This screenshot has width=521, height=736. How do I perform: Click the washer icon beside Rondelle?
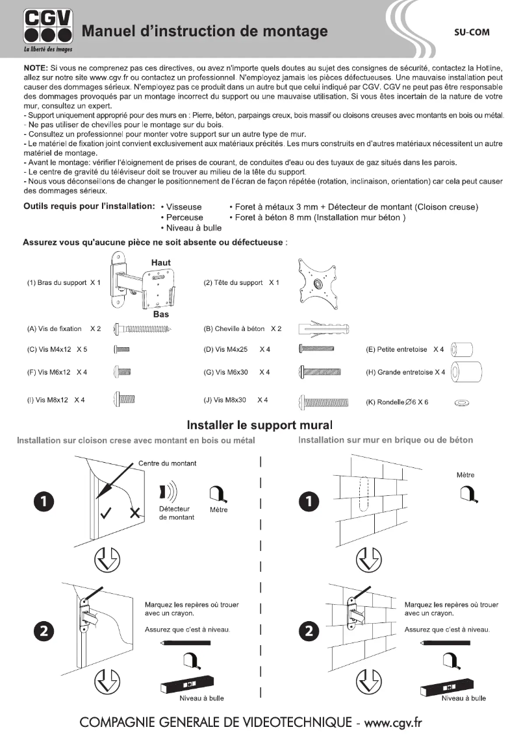point(463,403)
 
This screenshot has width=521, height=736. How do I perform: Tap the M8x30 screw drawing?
point(324,402)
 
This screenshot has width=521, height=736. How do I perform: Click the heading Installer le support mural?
point(260,426)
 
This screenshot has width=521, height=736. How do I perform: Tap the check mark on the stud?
point(106,513)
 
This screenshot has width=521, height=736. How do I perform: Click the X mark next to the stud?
point(135,513)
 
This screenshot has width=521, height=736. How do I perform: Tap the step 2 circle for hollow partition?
point(44,631)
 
